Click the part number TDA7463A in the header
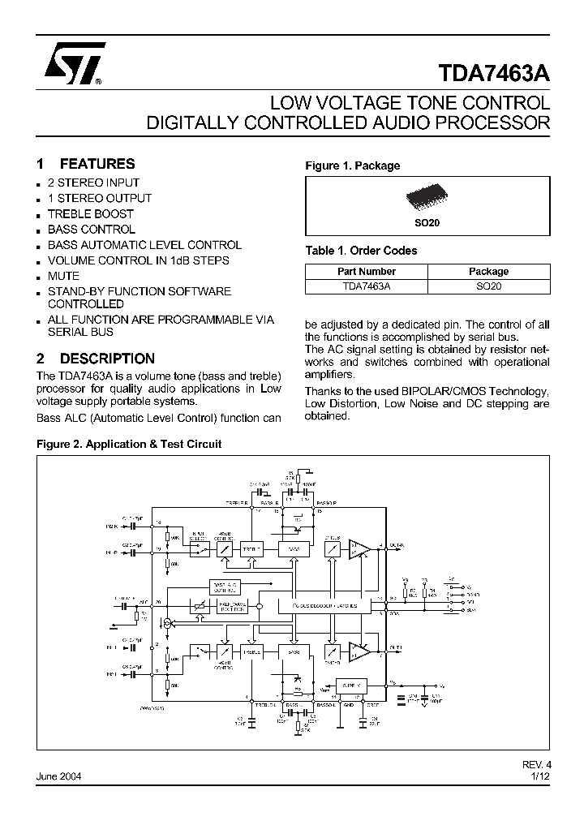point(494,73)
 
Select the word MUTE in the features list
point(63,276)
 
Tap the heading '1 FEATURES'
point(86,163)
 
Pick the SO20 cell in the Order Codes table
point(488,286)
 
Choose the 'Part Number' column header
point(366,271)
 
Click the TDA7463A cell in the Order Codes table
point(366,286)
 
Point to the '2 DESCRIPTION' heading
point(96,358)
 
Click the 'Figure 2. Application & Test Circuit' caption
point(129,444)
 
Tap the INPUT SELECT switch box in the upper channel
point(197,549)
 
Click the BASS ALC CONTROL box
point(224,586)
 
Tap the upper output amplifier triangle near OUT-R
point(358,549)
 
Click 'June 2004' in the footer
point(59,776)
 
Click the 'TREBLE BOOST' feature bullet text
point(90,213)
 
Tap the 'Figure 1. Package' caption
point(352,165)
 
